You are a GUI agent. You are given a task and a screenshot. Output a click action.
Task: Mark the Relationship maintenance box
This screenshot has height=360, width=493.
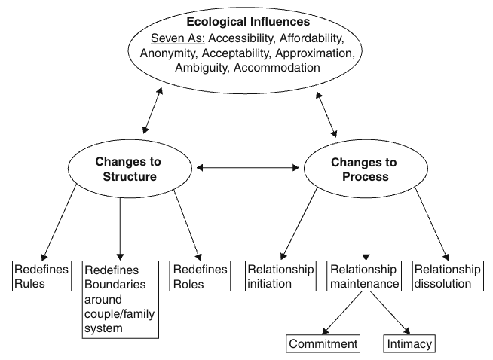(x=365, y=276)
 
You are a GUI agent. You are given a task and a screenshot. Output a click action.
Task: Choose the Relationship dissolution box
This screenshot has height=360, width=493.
(x=447, y=276)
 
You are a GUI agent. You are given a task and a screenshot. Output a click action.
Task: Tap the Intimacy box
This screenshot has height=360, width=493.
(x=409, y=344)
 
